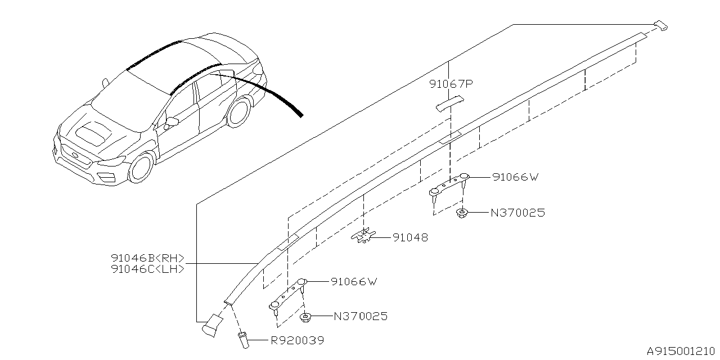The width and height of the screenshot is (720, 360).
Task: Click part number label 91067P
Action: (x=451, y=84)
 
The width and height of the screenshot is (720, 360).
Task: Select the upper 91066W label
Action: (x=515, y=177)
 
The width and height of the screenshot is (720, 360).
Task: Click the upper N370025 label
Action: (x=517, y=213)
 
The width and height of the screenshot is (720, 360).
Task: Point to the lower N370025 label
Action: (x=361, y=317)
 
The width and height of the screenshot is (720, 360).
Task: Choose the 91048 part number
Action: (x=410, y=238)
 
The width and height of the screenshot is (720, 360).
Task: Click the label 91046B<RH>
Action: (x=148, y=258)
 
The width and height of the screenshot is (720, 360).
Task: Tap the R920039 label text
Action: (x=297, y=340)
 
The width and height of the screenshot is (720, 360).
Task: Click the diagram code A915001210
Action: (x=682, y=351)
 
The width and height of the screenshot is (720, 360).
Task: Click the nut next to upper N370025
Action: (x=463, y=213)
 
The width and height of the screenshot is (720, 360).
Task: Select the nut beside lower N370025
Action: (x=306, y=317)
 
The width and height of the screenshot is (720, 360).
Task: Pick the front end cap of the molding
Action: (x=212, y=325)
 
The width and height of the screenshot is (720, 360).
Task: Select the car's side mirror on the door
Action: (x=170, y=121)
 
